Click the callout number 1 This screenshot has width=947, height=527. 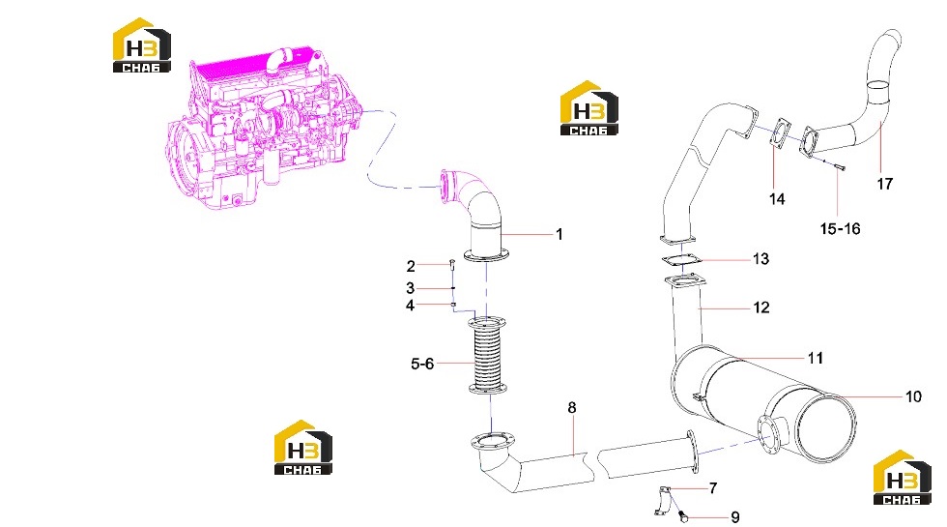pos(560,234)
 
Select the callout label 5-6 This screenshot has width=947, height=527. pos(422,364)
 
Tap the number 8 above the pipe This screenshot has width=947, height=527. pos(572,408)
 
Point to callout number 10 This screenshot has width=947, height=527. pos(913,396)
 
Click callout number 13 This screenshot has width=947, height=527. pos(761,259)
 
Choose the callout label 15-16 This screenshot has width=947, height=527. pos(840,228)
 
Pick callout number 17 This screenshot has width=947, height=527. pos(885,184)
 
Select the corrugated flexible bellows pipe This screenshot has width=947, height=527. pos(487,356)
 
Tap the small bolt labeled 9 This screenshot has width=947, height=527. pos(683,516)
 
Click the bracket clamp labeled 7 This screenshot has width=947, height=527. pos(663,501)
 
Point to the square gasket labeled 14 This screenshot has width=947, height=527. pos(781,133)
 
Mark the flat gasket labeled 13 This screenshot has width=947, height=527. pos(682,260)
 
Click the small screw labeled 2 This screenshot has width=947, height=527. pos(452,263)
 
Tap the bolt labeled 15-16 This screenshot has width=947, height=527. pos(839,166)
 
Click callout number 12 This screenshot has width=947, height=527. pos(761,307)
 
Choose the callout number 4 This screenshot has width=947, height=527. pos(410,306)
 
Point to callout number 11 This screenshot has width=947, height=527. pos(816,359)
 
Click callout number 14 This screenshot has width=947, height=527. pos(777,199)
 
